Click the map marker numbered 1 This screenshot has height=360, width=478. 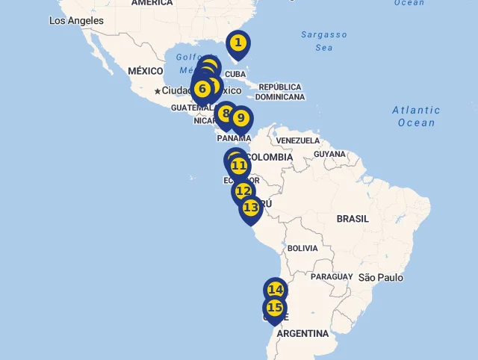point(238,43)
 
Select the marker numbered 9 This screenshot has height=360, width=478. point(240,118)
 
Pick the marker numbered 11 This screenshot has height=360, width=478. point(239,166)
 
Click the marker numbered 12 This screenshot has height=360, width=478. point(243,191)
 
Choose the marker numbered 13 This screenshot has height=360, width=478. point(251,208)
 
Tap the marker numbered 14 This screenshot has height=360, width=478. point(276,290)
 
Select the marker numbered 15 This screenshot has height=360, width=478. point(275,308)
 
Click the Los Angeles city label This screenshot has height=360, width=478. point(76,21)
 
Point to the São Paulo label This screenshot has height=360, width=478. point(380,278)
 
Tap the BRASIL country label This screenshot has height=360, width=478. point(353,219)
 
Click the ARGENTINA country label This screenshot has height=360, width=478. point(302,333)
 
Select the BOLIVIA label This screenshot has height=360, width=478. point(302,248)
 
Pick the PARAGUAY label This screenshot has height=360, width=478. point(331,276)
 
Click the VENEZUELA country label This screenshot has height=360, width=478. point(297,140)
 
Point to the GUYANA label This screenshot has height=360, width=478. point(329,154)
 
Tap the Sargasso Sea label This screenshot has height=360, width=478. point(324,41)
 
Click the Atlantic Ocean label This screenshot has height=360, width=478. point(416,117)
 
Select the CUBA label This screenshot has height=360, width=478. point(235,74)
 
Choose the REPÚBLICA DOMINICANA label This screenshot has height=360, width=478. point(280,92)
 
